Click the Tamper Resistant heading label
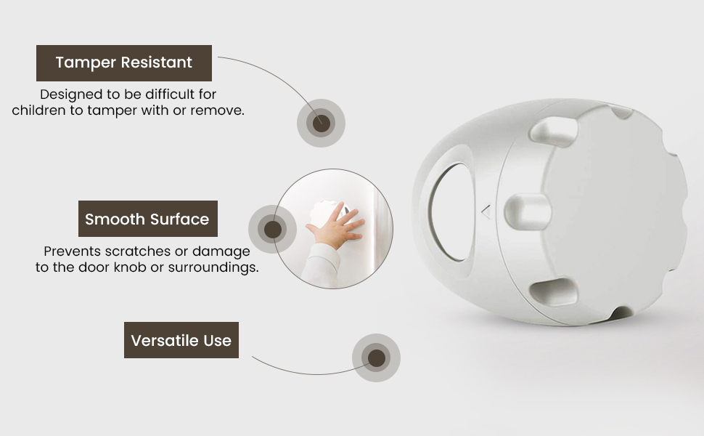point(124,63)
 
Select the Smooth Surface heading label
point(148,219)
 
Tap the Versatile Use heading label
point(181,340)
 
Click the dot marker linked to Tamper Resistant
point(321,123)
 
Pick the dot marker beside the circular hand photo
point(273,229)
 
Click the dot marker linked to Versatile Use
point(376,358)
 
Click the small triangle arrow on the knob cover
point(486,211)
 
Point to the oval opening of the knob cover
point(451,211)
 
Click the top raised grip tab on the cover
point(554,132)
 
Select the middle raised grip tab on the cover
point(528,211)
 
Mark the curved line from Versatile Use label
point(310,373)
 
